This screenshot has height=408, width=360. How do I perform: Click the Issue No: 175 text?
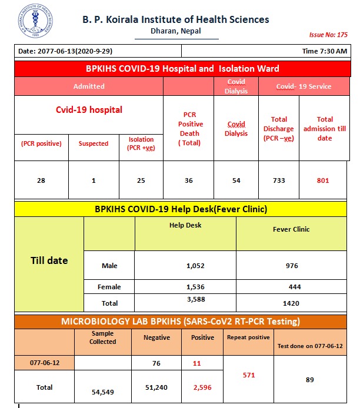pos(328,35)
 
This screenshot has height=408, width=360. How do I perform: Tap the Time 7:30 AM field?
pos(325,51)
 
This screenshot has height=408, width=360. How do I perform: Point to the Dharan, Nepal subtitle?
pos(175,31)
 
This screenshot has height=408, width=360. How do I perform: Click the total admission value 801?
pos(323,180)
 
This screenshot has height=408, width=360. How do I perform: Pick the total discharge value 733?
pos(279,180)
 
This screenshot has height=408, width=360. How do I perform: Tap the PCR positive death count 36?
pos(189,180)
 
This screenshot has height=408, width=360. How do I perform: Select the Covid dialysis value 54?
pos(236,180)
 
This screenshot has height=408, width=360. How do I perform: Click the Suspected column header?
pos(94,143)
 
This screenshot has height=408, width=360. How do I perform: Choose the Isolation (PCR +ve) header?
pos(141,143)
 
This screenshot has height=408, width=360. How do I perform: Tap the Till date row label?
pos(49,260)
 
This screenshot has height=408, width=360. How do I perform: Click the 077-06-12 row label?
pos(44,363)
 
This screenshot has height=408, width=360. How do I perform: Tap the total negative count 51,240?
pos(156,388)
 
